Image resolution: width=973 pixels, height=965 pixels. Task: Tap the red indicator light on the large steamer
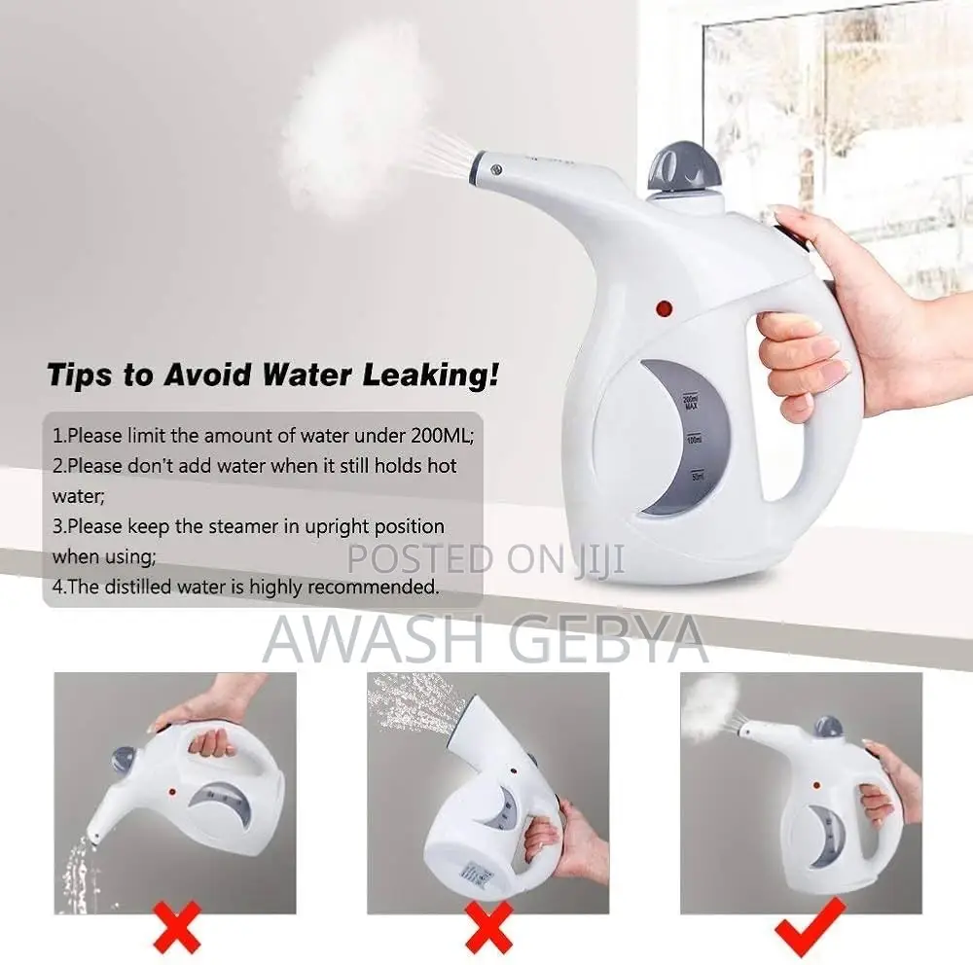(666, 309)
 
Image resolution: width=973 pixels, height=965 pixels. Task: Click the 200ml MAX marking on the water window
(692, 402)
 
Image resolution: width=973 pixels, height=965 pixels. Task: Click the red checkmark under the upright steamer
(808, 924)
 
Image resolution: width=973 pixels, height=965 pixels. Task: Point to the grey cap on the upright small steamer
(828, 727)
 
